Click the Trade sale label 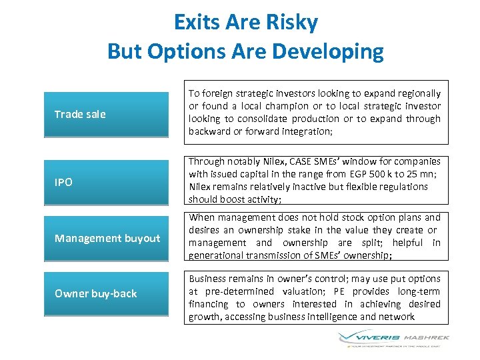(80, 114)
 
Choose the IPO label (63, 182)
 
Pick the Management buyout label (107, 238)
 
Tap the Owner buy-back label (95, 294)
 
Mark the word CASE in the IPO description (301, 161)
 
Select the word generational (215, 255)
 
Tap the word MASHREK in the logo (427, 337)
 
